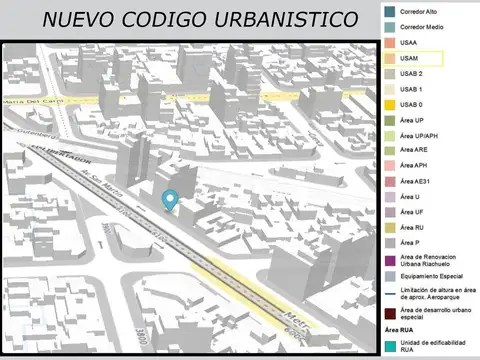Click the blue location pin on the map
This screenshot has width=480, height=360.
tap(170, 200)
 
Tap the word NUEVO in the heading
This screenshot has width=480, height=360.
tap(76, 20)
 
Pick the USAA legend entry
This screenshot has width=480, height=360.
tap(409, 44)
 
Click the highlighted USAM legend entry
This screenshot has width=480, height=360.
tap(409, 59)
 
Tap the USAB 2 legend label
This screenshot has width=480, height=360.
tap(411, 74)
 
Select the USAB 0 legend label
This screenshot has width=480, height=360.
tap(411, 104)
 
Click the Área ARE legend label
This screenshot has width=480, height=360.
tap(414, 150)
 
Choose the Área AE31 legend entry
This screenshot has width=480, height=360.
tap(415, 181)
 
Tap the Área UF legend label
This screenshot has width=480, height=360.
tap(412, 211)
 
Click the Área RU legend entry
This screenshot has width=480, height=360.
tap(412, 227)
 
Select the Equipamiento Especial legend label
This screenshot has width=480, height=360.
tap(431, 275)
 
